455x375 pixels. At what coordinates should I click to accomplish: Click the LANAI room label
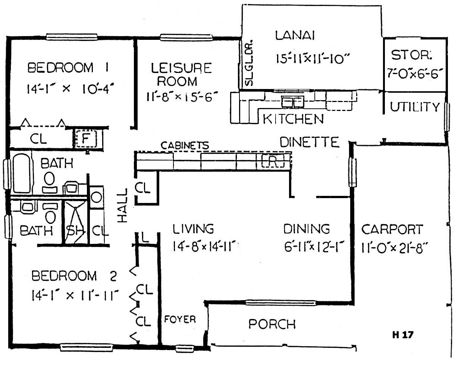point(295,36)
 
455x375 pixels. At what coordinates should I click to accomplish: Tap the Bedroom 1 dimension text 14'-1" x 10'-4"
point(70,88)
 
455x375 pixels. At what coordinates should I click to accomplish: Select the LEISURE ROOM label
point(181,74)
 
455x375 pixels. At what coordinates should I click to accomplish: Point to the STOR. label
point(411,55)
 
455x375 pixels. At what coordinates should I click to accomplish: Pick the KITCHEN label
point(293,119)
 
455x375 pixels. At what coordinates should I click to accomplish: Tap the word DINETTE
point(310,142)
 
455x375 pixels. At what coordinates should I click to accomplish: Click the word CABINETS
point(185,145)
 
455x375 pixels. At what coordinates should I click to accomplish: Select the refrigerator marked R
point(273,161)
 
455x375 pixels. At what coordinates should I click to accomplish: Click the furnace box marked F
point(86,138)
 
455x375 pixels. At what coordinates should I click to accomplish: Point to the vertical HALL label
point(122,205)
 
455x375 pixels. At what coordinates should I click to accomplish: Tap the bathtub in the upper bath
point(22,173)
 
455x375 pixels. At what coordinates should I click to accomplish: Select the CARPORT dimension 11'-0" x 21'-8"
point(395,248)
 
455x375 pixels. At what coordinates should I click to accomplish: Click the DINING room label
point(307,229)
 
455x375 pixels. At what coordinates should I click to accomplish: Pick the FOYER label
point(180,319)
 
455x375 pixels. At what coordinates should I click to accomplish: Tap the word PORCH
point(272,324)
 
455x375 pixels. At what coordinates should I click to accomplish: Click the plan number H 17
point(403,335)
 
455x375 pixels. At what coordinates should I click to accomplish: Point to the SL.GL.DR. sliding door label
point(249,63)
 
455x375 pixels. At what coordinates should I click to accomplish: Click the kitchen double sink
point(292,102)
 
